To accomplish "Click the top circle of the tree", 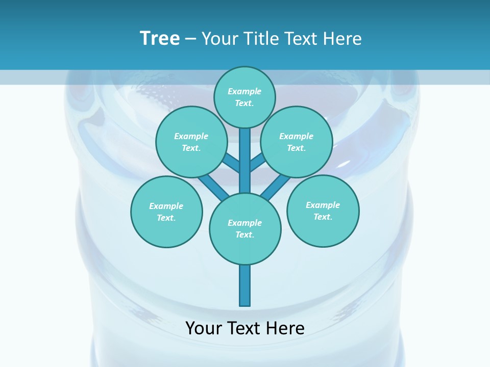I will pos(244,97).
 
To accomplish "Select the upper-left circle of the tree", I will pos(191,142).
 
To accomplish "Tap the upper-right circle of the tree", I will pos(296,142).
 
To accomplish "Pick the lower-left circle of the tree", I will pos(166,212).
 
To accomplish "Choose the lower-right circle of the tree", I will pos(323,211).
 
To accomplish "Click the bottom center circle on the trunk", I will pos(245,228).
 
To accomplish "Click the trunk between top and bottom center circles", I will pos(245,161).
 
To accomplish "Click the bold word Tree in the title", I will pos(160,38).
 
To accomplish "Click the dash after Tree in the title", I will pos(190,39).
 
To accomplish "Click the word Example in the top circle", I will pos(244,91).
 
